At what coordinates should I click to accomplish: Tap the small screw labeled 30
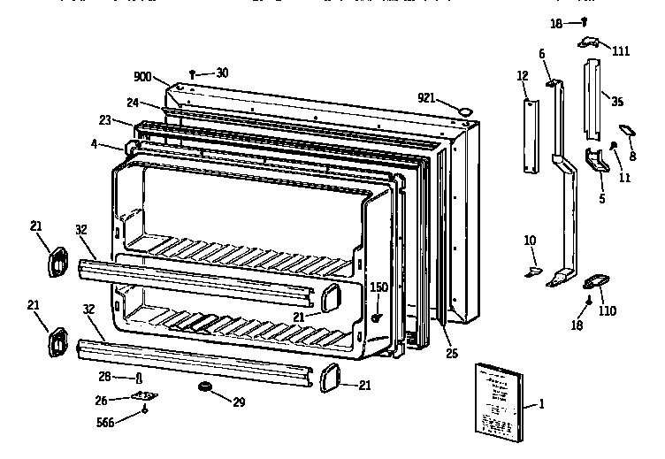(192, 73)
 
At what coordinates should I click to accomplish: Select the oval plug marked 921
(462, 110)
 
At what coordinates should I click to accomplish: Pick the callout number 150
(378, 287)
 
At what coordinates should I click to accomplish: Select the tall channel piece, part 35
(592, 98)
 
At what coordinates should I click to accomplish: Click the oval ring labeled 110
(592, 282)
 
